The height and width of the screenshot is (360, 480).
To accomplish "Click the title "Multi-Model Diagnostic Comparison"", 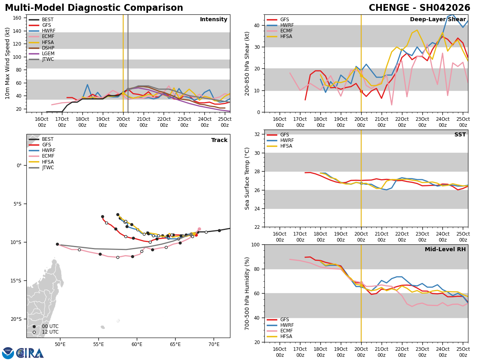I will pos(94,8).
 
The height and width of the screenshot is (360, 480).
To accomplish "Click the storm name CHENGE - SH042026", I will pos(419,8).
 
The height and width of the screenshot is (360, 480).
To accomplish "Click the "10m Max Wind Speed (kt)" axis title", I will pos(8,63).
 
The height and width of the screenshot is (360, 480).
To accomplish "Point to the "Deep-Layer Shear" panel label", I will pos(438,20).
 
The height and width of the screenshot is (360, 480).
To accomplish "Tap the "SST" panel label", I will pos(460,135).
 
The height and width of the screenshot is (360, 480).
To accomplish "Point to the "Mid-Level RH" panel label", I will pos(445,250).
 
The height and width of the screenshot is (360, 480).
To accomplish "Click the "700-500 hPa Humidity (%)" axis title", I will pos(248,293).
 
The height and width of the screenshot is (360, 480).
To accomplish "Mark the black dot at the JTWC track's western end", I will pos(57,244).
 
